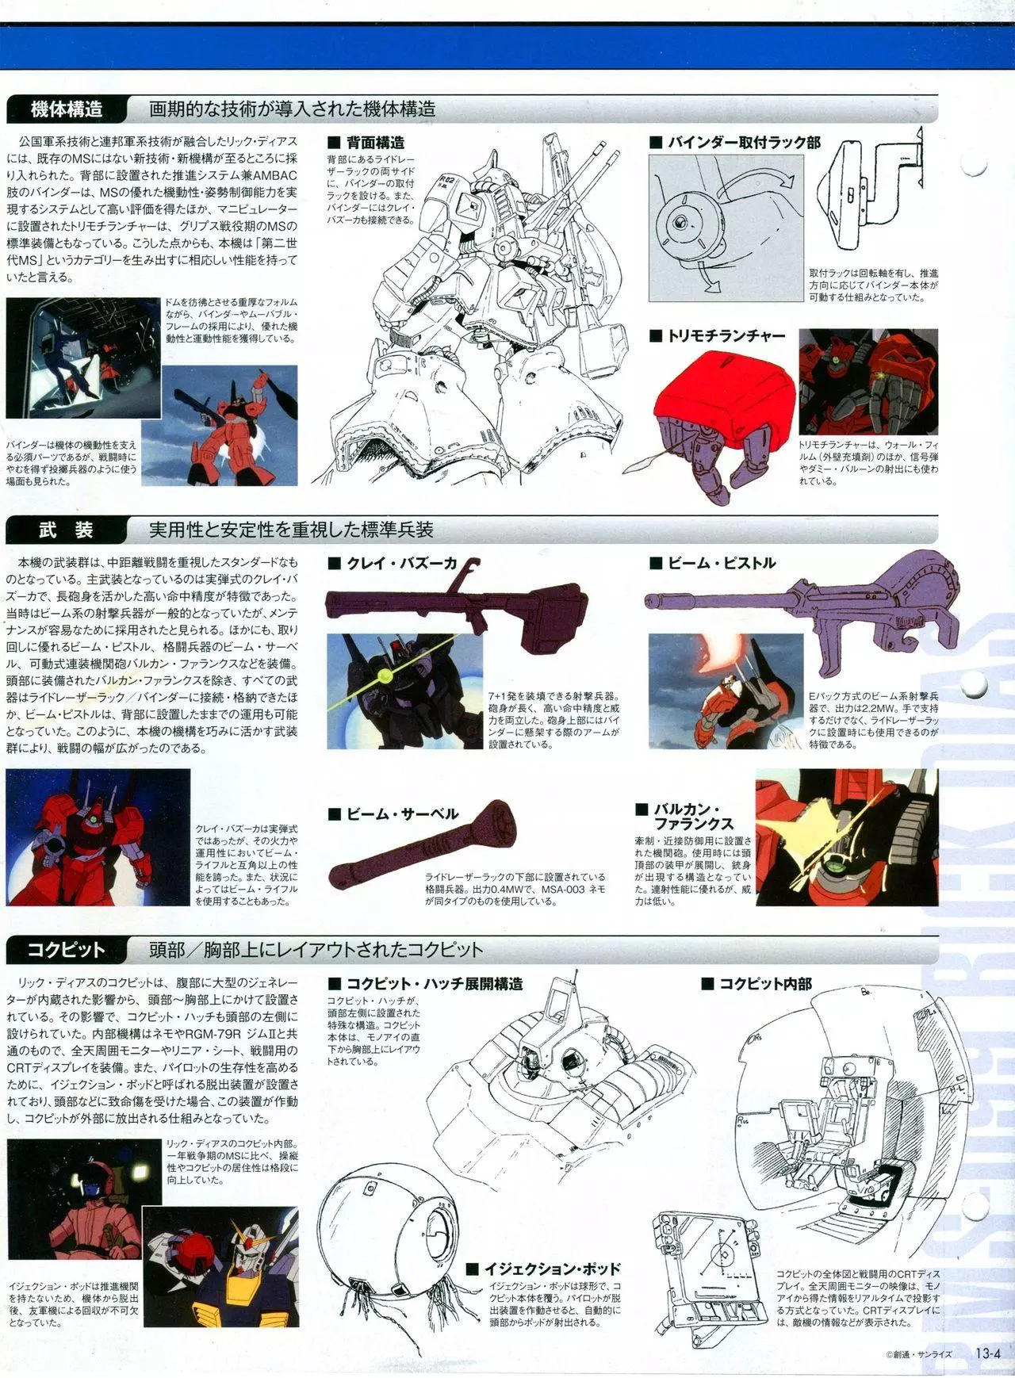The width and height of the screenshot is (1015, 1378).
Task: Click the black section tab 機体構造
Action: [66, 109]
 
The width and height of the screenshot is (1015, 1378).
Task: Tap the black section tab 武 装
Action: [66, 529]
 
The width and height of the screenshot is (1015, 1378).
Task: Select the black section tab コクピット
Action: [66, 949]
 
